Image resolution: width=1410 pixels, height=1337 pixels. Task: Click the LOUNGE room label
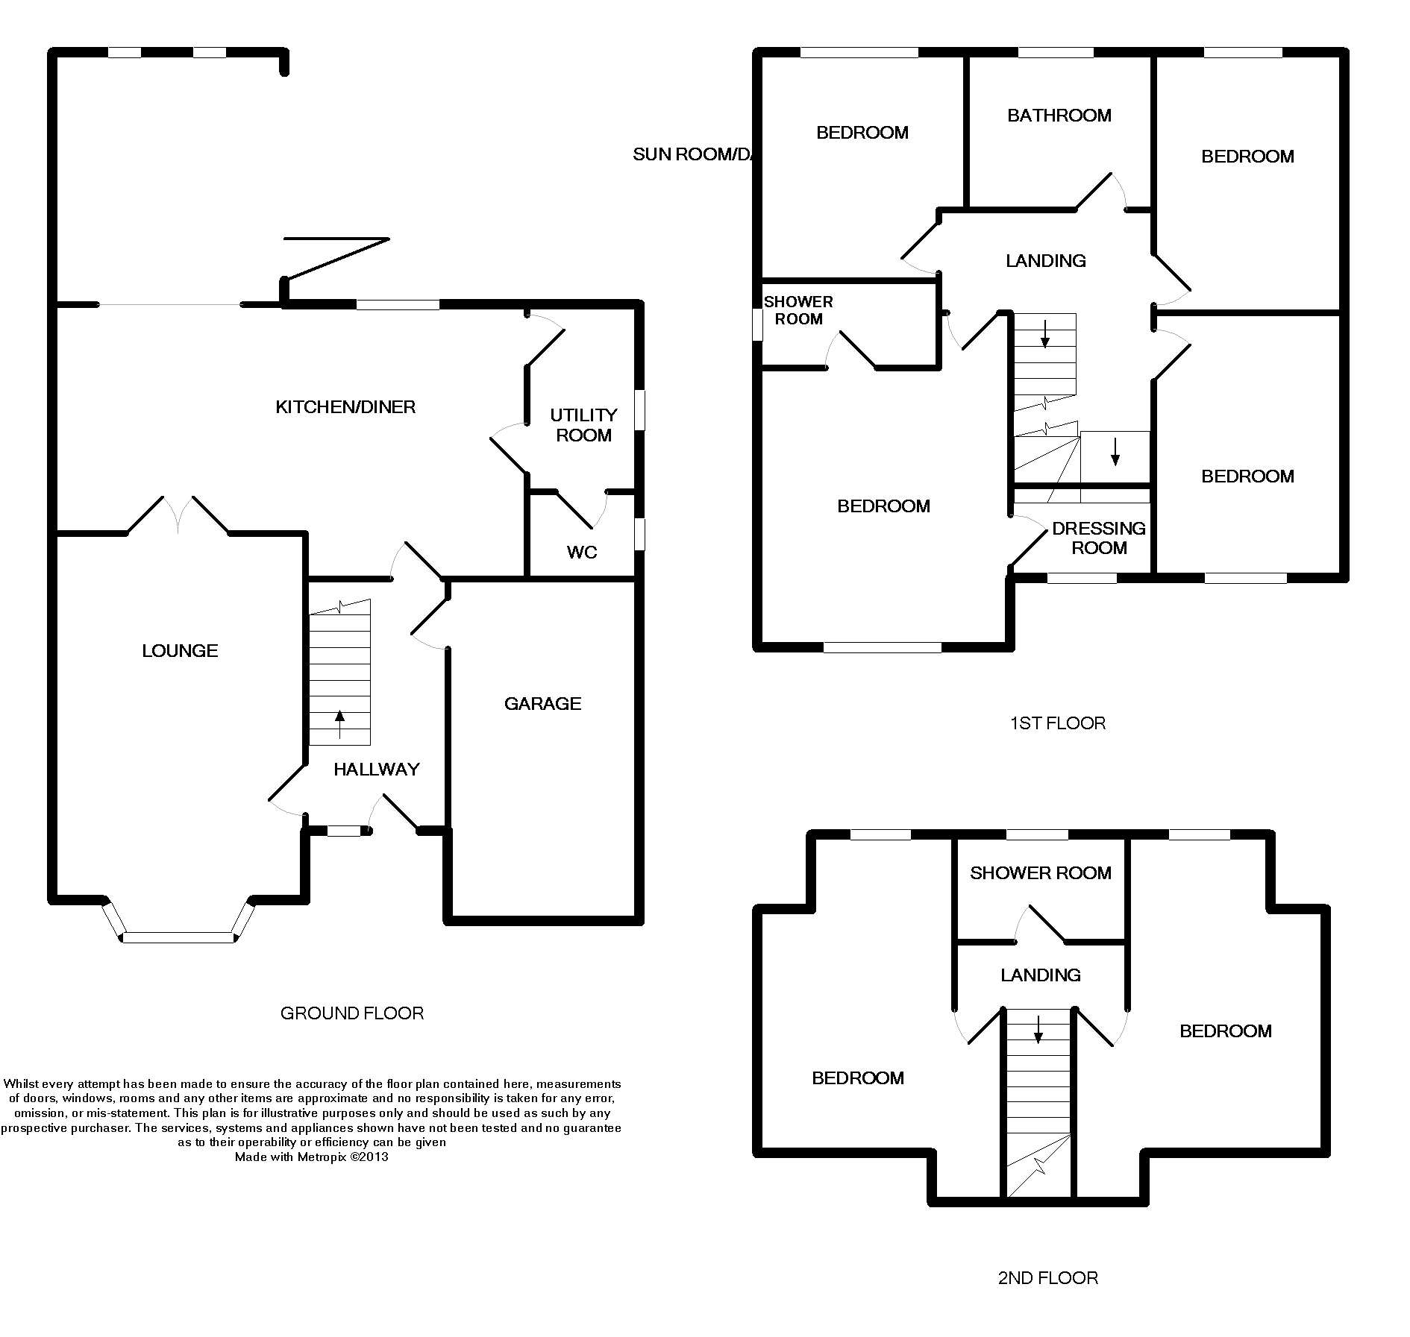tap(180, 651)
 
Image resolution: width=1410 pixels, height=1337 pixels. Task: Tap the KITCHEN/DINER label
tap(345, 407)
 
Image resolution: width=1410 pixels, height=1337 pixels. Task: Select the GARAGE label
tap(542, 704)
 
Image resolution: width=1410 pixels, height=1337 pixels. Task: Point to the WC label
tap(582, 553)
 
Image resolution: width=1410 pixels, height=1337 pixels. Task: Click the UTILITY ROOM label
tap(583, 425)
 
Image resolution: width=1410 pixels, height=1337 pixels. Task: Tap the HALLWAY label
tap(376, 770)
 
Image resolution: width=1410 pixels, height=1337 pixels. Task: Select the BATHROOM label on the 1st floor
tap(1059, 116)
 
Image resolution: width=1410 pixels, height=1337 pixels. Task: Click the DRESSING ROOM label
tap(1099, 538)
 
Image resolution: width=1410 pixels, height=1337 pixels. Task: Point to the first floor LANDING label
tap(1045, 261)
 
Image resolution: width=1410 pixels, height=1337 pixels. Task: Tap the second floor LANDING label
tap(1040, 975)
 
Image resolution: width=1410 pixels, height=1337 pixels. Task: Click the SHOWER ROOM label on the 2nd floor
tap(1040, 873)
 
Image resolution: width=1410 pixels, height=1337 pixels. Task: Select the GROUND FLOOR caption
tap(352, 1013)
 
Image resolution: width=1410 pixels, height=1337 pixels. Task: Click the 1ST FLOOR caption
tap(1057, 723)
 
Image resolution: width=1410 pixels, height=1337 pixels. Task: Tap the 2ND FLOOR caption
tap(1047, 1279)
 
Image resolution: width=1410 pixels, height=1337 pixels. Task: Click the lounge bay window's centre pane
tap(178, 937)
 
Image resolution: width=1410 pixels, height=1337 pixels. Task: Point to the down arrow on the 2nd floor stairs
tap(1038, 1030)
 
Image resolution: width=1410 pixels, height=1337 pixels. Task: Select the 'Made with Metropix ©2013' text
tap(311, 1157)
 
